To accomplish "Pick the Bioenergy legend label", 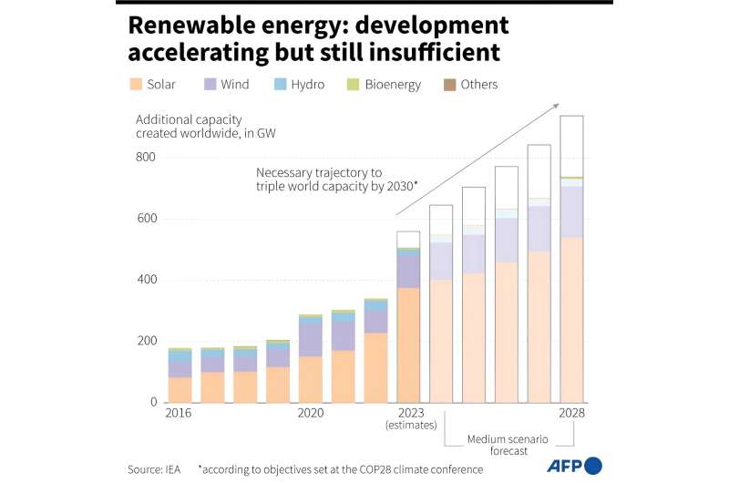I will (x=393, y=85).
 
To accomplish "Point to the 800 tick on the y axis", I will (x=146, y=158).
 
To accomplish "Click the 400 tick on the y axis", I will (x=146, y=281).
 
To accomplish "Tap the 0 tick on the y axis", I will (x=152, y=403).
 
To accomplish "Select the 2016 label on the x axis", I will (x=180, y=414).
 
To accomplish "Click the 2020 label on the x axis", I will (x=311, y=414).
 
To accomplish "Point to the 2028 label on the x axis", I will (x=571, y=414).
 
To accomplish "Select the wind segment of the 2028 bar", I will (x=571, y=211).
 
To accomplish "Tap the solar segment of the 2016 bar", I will (x=180, y=389).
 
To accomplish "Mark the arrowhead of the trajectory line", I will (x=555, y=107).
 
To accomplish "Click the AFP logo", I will (x=573, y=467).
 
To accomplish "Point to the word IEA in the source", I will (x=170, y=469).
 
